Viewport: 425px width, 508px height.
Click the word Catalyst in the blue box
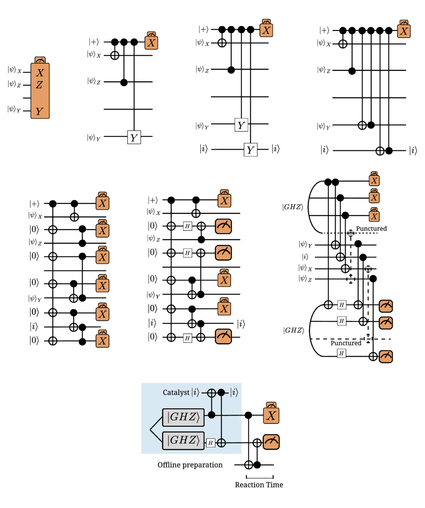tap(176, 393)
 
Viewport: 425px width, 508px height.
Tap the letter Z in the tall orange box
tap(39, 85)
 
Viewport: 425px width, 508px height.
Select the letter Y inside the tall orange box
tap(39, 112)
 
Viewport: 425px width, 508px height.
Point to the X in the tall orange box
tap(40, 73)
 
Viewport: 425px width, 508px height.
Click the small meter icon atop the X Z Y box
tap(40, 60)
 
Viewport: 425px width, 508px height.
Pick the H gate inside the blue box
tap(210, 443)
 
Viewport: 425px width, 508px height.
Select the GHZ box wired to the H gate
tap(183, 440)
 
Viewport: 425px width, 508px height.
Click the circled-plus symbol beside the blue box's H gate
tap(221, 443)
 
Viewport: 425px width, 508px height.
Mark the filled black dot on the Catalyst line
tap(221, 393)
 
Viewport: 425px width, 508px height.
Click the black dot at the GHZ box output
tap(211, 415)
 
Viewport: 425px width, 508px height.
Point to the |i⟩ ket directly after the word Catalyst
tap(195, 393)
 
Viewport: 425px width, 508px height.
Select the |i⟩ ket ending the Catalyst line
tap(234, 393)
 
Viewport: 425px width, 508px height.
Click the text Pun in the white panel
tap(336, 343)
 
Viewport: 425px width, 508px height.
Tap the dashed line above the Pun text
tap(332, 339)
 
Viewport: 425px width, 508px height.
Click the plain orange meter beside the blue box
tap(271, 442)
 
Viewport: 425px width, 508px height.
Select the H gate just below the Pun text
tap(342, 353)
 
